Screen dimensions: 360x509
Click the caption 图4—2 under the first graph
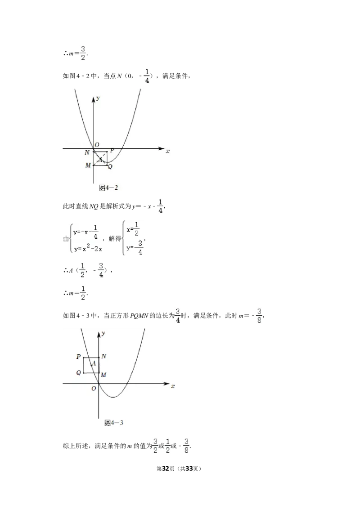[x=108, y=188]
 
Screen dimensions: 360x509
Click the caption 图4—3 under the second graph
[x=114, y=423]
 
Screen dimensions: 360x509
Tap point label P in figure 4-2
[x=112, y=150]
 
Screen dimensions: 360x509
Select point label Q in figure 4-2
[x=110, y=167]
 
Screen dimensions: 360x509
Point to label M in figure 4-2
[x=88, y=165]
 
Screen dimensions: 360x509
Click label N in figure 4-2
[x=87, y=152]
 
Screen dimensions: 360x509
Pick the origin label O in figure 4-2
[x=97, y=145]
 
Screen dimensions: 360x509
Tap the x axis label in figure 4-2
[x=168, y=151]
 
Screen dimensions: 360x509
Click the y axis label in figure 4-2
[x=98, y=98]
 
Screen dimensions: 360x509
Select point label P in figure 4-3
[x=79, y=357]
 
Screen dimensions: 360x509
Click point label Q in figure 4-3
[x=79, y=373]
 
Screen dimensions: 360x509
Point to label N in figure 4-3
[x=103, y=356]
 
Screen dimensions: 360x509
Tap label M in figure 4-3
[x=103, y=375]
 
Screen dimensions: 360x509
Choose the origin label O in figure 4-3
[x=94, y=388]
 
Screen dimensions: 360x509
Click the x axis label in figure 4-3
[x=173, y=386]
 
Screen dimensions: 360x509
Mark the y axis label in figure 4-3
[x=103, y=333]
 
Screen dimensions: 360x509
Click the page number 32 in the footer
[x=166, y=469]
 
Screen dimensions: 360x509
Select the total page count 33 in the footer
[x=189, y=469]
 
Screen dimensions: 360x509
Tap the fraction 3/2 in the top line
[x=83, y=53]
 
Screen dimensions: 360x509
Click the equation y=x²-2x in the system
[x=88, y=249]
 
